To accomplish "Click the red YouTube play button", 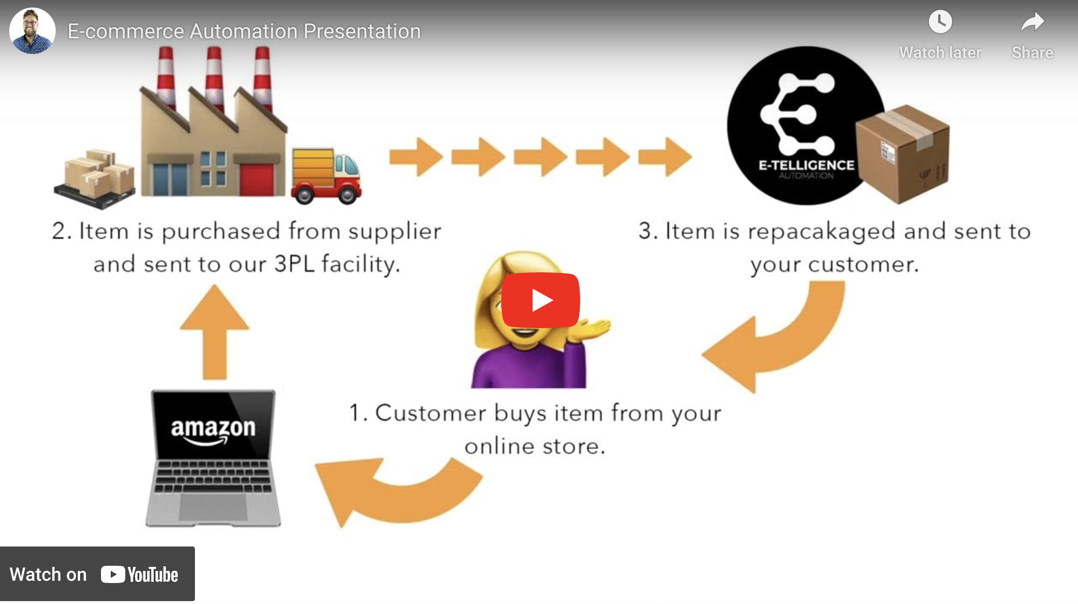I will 540,300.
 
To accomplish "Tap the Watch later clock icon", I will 940,23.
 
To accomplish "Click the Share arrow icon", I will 1032,23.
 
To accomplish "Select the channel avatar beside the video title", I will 32,31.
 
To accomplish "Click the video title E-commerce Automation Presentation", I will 244,31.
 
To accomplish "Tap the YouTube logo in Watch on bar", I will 139,574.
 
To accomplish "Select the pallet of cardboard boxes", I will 95,179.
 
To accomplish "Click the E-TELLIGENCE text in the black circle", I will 806,166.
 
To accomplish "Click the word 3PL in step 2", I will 294,264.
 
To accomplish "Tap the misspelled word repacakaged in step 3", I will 822,232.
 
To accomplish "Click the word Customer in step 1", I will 431,413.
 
